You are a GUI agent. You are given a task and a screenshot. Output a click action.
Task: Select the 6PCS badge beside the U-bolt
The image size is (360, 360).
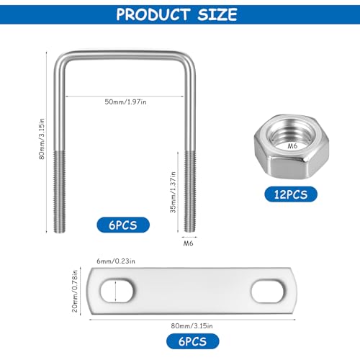click(124, 225)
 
